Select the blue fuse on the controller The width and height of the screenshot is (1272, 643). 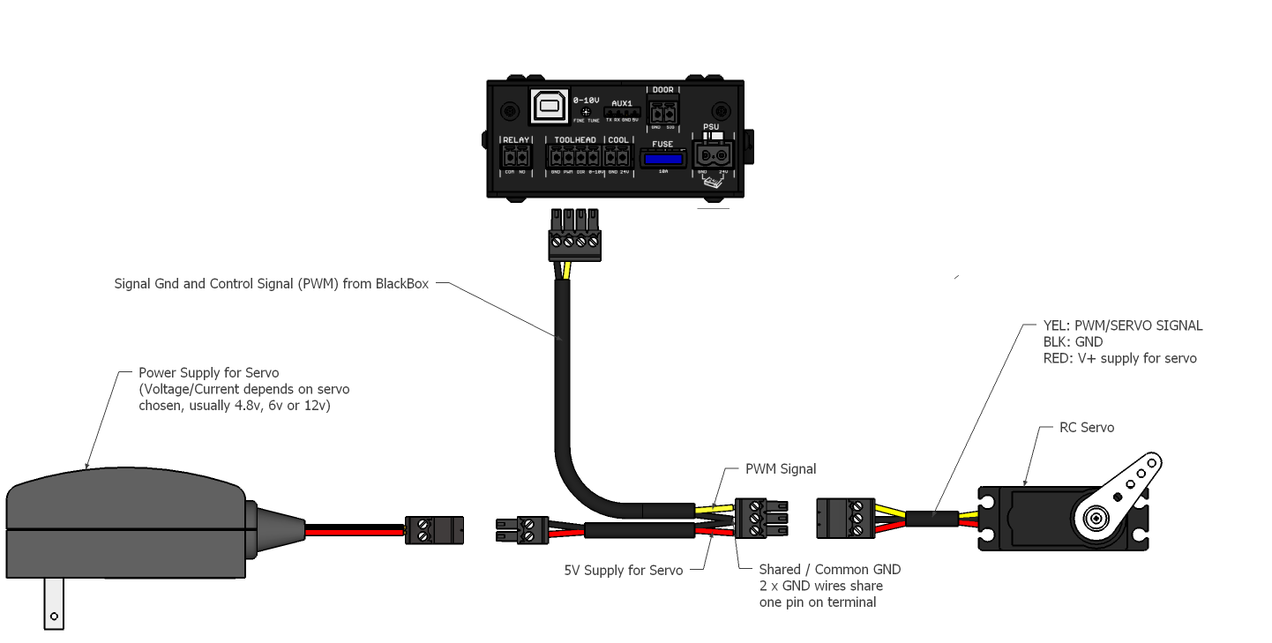pos(662,159)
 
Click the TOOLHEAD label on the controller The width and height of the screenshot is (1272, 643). pos(574,140)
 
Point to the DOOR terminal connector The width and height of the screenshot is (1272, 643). pos(662,112)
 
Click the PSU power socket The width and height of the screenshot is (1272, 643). pos(713,156)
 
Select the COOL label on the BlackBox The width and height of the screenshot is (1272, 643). pos(618,140)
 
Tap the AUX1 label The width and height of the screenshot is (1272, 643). pos(622,103)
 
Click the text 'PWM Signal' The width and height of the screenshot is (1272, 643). pos(781,469)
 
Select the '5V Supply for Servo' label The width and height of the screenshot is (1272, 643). pos(623,571)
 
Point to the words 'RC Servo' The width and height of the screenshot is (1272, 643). pos(1086,428)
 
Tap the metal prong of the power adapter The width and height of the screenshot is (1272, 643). pos(55,603)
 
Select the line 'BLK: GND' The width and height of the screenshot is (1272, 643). pos(1073,342)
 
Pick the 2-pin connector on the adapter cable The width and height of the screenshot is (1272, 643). pos(434,530)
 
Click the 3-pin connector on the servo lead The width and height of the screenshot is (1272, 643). pos(844,518)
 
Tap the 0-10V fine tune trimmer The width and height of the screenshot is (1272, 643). pos(587,111)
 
